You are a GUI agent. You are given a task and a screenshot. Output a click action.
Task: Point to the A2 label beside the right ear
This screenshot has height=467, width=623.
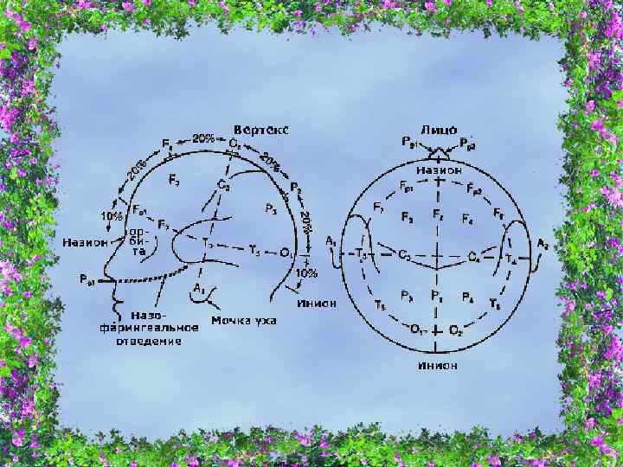(x=543, y=245)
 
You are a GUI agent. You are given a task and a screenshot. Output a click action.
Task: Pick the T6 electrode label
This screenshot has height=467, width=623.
(x=495, y=305)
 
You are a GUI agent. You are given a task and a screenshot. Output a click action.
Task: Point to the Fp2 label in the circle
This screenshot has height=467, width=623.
(x=472, y=187)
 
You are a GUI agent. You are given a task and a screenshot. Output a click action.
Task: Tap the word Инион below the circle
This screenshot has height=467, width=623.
(x=438, y=366)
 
